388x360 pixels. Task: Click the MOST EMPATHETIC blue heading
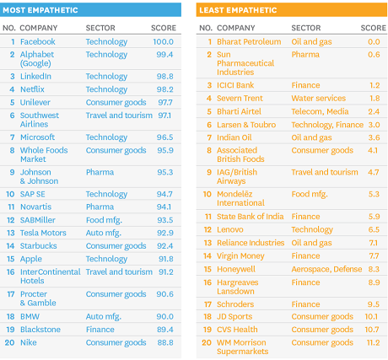pos(40,10)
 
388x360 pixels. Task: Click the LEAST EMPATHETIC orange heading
pos(238,10)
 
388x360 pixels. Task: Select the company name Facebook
pos(38,41)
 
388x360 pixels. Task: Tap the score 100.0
pos(163,41)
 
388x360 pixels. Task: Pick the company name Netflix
pos(32,89)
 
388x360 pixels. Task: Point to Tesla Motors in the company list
pos(43,233)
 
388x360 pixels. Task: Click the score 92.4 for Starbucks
pos(165,246)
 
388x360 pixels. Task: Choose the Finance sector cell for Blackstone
pos(100,330)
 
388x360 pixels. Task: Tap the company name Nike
pos(29,342)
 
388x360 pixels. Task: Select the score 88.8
pos(165,342)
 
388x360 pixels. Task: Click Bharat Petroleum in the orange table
pos(249,41)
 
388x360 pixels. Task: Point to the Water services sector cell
pos(319,98)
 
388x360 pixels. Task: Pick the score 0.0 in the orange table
pos(374,41)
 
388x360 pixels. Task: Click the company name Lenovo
pos(230,229)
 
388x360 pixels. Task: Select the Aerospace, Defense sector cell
pos(326,269)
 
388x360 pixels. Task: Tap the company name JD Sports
pos(234,316)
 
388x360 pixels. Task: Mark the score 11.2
pos(373,342)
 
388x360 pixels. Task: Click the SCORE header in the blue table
pos(164,28)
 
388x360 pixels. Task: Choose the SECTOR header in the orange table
pos(306,28)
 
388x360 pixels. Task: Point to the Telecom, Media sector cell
pos(320,111)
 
